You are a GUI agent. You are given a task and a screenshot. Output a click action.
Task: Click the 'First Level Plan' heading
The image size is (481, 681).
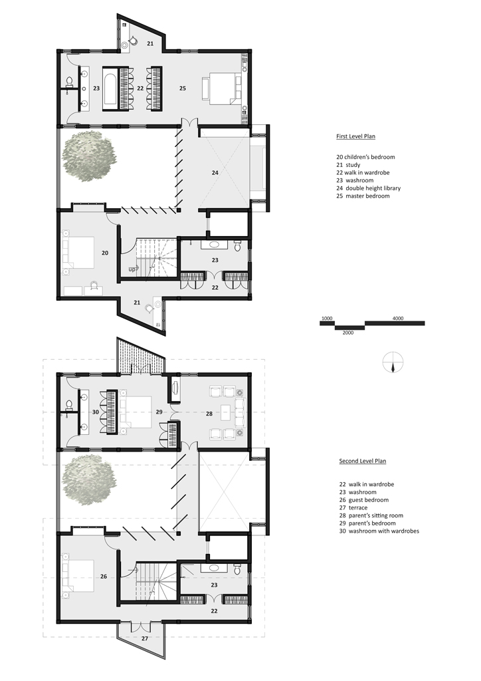pos(355,136)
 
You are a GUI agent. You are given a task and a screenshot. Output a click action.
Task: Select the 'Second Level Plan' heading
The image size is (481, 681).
pos(363,462)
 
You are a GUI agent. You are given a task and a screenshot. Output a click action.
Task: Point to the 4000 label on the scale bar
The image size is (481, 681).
pos(398,319)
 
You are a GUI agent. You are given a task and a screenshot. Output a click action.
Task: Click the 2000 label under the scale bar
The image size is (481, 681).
pos(348,333)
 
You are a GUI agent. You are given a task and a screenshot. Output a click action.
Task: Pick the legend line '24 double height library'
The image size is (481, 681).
pos(368,188)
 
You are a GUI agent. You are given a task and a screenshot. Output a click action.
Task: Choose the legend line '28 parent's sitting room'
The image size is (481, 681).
pos(371,515)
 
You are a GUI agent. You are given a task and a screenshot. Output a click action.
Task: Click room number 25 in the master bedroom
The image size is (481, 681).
pos(183,88)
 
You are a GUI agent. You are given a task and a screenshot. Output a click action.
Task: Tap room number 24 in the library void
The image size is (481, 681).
pos(215,173)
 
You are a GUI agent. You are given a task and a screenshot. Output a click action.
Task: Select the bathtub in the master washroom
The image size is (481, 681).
pos(110,88)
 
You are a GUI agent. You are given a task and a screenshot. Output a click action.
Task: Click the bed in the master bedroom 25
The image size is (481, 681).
pos(221,88)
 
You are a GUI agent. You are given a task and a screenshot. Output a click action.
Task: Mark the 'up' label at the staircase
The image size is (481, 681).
pos(132,270)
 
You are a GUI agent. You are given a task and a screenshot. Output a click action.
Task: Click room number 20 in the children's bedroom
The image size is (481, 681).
pos(105,253)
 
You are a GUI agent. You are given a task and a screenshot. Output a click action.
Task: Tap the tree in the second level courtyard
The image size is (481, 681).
pos(89,479)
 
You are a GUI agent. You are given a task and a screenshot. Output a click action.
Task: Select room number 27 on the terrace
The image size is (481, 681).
pos(145,638)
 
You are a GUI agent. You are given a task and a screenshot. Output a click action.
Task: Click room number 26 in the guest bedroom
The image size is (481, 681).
pos(104,577)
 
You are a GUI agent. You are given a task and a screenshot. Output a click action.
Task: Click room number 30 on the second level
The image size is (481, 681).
pos(96,412)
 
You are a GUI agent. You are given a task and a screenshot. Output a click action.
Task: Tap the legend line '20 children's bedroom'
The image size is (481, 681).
pos(365,157)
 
